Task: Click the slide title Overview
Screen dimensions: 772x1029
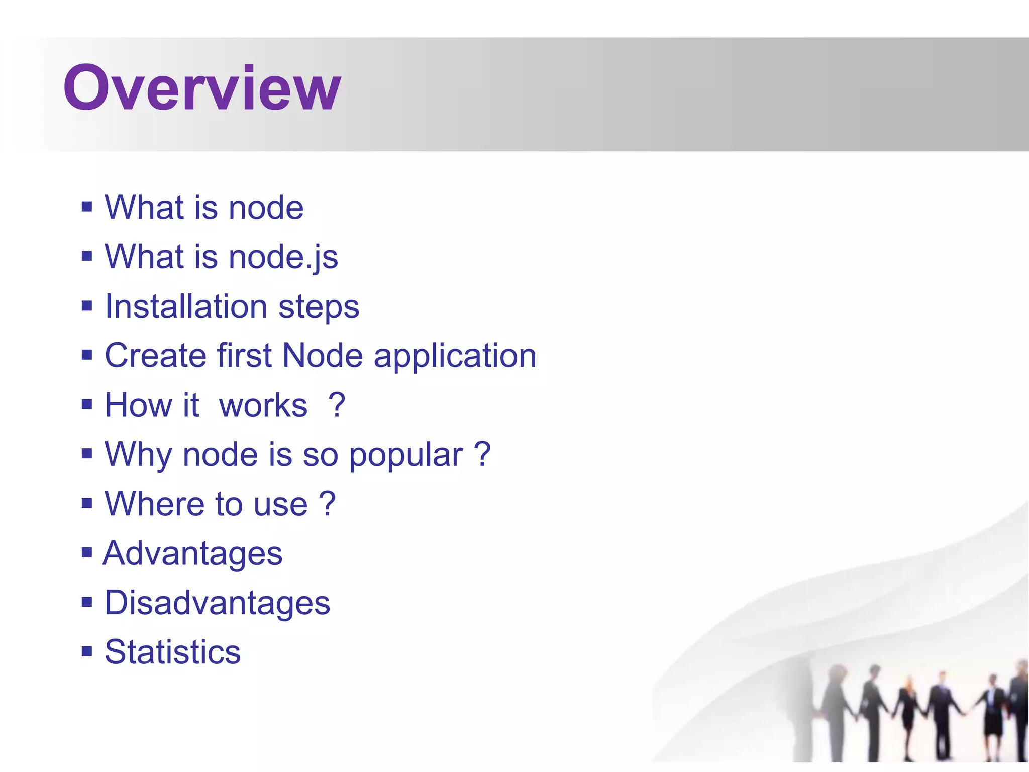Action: pyautogui.click(x=202, y=88)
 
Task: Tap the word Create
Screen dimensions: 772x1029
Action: pyautogui.click(x=156, y=356)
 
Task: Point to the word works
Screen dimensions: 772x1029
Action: pyautogui.click(x=263, y=405)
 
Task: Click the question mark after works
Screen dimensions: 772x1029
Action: pyautogui.click(x=337, y=405)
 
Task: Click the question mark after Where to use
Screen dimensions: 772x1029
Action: pyautogui.click(x=327, y=504)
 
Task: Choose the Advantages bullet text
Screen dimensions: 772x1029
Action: pyautogui.click(x=193, y=554)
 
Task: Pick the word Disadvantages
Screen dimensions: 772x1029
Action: pyautogui.click(x=217, y=603)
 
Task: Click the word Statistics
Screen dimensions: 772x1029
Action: pyautogui.click(x=173, y=652)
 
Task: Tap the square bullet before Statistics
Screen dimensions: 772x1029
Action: pyautogui.click(x=87, y=651)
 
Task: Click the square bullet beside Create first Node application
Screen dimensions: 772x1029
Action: pyautogui.click(x=87, y=355)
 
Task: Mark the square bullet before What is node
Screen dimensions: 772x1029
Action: pyautogui.click(x=87, y=206)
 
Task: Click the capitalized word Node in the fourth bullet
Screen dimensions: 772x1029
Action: pyautogui.click(x=323, y=356)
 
